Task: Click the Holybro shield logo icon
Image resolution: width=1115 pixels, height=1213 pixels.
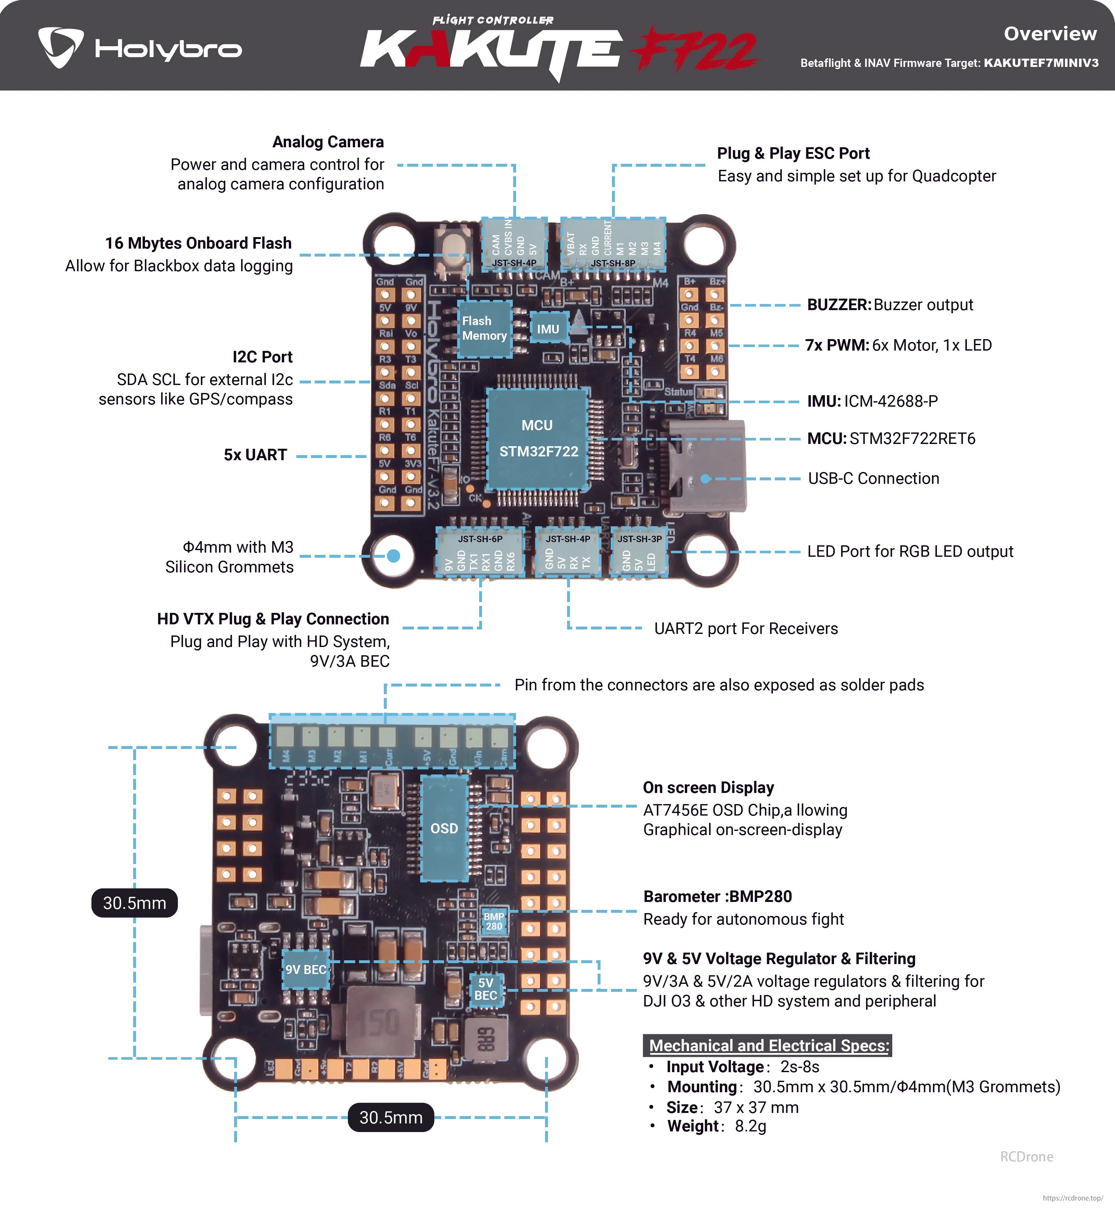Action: (60, 47)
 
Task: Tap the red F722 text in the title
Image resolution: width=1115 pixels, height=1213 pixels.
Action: (694, 48)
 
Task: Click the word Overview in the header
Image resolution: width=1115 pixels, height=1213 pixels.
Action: (1050, 34)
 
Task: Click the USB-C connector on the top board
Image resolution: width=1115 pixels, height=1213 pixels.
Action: (706, 468)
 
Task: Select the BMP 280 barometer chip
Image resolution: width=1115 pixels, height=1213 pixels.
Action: (493, 921)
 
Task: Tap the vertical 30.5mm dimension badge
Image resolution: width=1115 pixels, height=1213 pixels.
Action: (134, 903)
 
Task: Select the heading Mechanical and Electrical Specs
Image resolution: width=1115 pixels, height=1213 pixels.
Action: (769, 1045)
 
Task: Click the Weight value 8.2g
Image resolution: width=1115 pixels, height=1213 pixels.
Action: (750, 1126)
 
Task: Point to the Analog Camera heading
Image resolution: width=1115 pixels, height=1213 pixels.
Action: (327, 142)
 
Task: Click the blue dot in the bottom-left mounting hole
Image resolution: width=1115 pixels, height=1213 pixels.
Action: (393, 555)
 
